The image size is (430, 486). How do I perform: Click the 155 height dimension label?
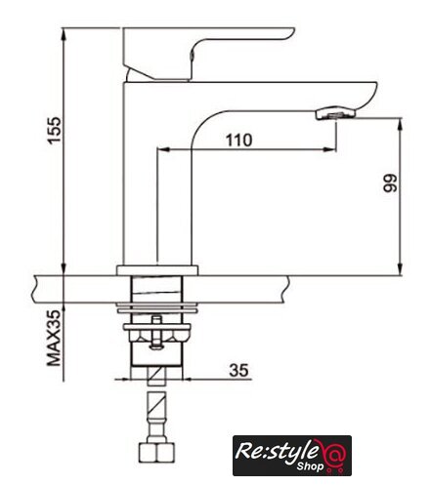(x=54, y=130)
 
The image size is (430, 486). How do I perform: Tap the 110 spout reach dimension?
(x=239, y=141)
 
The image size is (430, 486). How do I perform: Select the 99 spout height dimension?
(x=390, y=183)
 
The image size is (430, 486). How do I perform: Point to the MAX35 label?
(x=54, y=338)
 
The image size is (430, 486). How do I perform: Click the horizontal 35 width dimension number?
(x=238, y=370)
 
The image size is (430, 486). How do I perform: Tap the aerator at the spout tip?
(x=336, y=114)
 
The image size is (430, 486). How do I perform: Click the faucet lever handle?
(x=208, y=54)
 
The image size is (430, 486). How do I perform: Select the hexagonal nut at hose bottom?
(x=156, y=452)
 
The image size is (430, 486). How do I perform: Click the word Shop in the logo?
(x=310, y=466)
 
